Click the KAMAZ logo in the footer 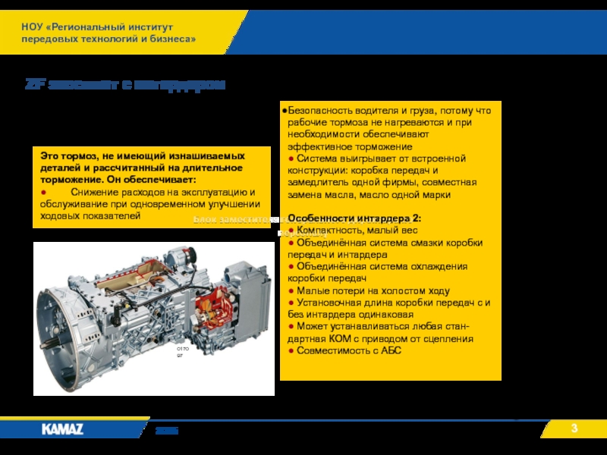click(x=63, y=429)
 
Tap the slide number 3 click(x=574, y=430)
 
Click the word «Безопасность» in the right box click(x=319, y=111)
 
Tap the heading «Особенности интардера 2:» click(x=354, y=218)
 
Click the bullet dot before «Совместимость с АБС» click(x=291, y=351)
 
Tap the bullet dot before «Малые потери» click(x=291, y=290)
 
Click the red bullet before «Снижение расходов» click(x=44, y=193)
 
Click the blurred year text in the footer click(x=166, y=430)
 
